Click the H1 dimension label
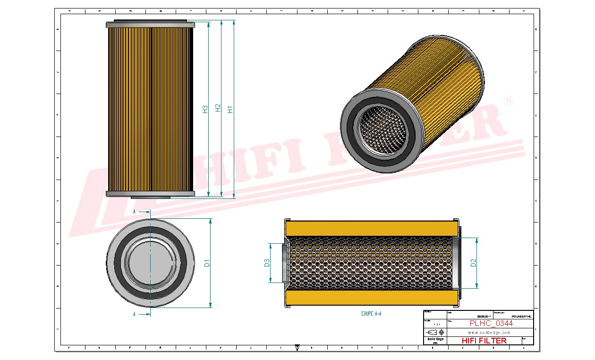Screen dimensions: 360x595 click(x=230, y=109)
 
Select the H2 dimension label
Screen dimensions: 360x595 click(x=218, y=108)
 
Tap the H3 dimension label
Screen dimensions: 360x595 click(x=205, y=109)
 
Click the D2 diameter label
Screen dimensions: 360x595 click(x=473, y=263)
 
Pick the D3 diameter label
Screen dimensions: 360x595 click(x=267, y=263)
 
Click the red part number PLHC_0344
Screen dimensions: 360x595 click(x=491, y=324)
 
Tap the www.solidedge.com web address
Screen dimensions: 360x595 click(x=490, y=333)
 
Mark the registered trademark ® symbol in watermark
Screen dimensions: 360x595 click(x=509, y=102)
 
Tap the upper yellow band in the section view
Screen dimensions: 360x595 click(x=372, y=229)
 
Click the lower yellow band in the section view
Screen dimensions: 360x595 click(x=372, y=298)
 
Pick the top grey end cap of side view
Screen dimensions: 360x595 click(x=150, y=25)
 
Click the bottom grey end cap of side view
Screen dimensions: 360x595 click(x=150, y=194)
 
